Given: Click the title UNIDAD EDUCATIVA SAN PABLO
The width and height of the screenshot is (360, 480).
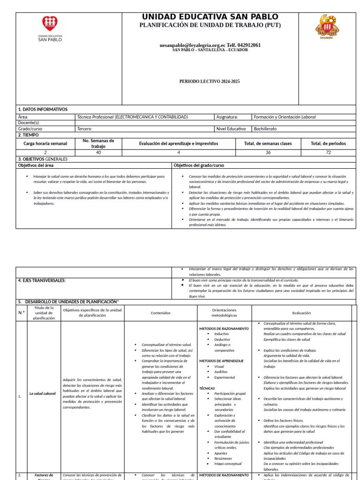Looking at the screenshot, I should (x=210, y=17).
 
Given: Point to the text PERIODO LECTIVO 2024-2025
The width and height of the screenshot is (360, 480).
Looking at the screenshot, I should (x=210, y=82).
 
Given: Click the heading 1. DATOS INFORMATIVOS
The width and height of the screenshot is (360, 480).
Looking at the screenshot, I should (x=43, y=109).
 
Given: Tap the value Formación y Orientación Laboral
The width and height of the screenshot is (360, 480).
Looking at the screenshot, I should (x=285, y=117).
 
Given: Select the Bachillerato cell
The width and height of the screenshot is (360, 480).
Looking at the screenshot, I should (x=265, y=128).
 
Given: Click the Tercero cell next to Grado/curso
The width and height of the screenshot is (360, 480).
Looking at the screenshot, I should (x=84, y=128).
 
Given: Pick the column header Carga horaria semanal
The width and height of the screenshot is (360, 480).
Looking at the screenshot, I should (x=45, y=143).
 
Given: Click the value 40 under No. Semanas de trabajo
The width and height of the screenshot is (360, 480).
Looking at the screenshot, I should (x=98, y=152).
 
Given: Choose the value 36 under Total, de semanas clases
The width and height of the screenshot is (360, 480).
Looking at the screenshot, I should (x=268, y=152).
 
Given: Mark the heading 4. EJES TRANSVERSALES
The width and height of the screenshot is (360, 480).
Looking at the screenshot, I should (x=42, y=280).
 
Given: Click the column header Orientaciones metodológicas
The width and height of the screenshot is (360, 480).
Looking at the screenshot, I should (x=224, y=313).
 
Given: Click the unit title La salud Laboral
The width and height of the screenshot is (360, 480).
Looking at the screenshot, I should (x=43, y=394).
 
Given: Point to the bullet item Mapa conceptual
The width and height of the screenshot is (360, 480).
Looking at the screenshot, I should (x=228, y=464).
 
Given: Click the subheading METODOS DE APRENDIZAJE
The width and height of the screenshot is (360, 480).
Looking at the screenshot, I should (x=221, y=361).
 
